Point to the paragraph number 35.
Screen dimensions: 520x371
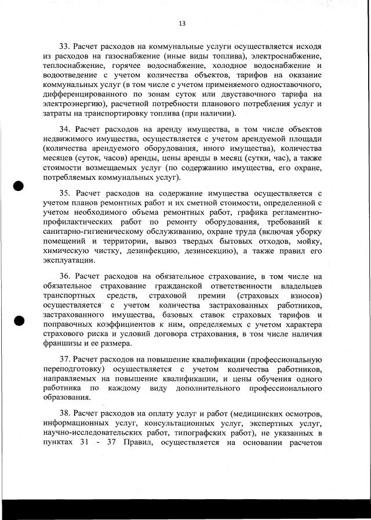tap(66, 192)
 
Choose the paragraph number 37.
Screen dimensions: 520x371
tap(66, 359)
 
